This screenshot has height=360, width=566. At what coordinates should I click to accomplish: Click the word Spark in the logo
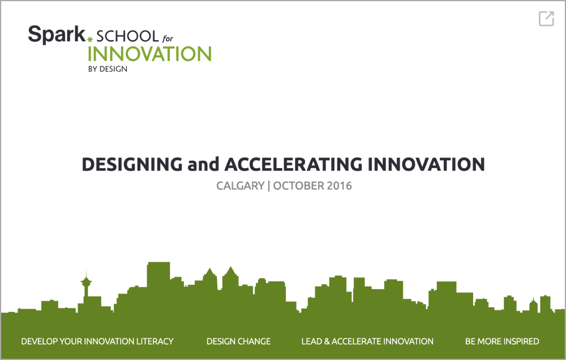pos(57,35)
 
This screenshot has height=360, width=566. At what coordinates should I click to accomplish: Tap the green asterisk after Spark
pos(90,40)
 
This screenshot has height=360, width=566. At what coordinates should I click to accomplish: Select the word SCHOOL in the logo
pos(127,36)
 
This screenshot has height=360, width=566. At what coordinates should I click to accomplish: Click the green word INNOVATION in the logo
pos(149,54)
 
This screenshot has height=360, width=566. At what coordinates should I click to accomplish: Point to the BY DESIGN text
pos(108,69)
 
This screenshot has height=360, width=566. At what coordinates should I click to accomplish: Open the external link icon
pos(546,19)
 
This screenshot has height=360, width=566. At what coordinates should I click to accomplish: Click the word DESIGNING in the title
pos(132,164)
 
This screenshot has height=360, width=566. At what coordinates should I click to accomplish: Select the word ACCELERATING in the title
pos(293,164)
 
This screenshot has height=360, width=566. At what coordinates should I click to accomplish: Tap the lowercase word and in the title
pos(204,164)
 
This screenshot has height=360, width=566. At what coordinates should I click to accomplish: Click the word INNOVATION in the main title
pos(426,164)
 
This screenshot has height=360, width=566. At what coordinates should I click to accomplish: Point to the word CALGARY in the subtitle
pos(241,186)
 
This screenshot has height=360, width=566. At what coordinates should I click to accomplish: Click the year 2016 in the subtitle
pos(339,186)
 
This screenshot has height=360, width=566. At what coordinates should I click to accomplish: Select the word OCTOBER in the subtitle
pos(298,186)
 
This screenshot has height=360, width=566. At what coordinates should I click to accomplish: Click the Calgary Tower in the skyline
pos(86,287)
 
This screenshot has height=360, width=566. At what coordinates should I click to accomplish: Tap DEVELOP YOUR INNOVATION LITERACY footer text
pos(97,341)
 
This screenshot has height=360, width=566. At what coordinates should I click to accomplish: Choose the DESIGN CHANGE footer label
pos(239,341)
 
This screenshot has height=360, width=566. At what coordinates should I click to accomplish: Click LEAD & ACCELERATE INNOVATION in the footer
pos(367,341)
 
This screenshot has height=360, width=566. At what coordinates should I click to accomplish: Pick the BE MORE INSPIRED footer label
pos(502,341)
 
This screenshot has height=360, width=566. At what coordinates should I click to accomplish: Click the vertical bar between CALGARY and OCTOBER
pos(269,186)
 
